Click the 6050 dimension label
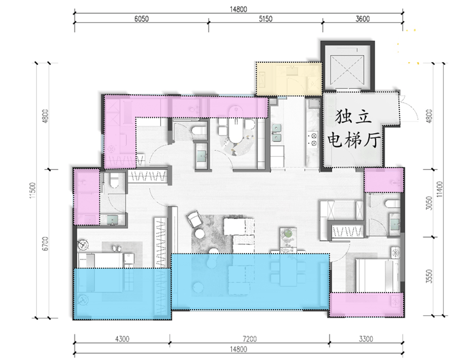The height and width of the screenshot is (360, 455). click(141, 19)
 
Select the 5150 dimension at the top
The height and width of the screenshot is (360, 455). click(265, 19)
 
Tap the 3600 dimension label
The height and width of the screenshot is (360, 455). click(362, 19)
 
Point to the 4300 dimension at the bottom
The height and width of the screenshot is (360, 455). click(122, 339)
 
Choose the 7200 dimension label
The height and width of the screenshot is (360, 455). click(249, 339)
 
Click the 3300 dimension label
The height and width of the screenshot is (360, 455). click(366, 339)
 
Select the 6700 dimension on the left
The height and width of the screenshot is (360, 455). click(45, 244)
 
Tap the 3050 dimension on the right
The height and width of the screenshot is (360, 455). click(429, 203)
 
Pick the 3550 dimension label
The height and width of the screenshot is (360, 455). click(429, 276)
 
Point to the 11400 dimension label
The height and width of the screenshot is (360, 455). click(440, 189)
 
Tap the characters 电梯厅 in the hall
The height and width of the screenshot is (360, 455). click(354, 141)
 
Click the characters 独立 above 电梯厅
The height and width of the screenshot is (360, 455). click(353, 117)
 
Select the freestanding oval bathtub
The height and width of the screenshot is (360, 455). click(236, 125)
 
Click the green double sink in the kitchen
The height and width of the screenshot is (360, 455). click(276, 132)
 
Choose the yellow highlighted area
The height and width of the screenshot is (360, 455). click(289, 79)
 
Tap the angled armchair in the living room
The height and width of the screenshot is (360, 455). click(194, 219)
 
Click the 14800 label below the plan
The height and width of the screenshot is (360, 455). click(238, 349)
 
